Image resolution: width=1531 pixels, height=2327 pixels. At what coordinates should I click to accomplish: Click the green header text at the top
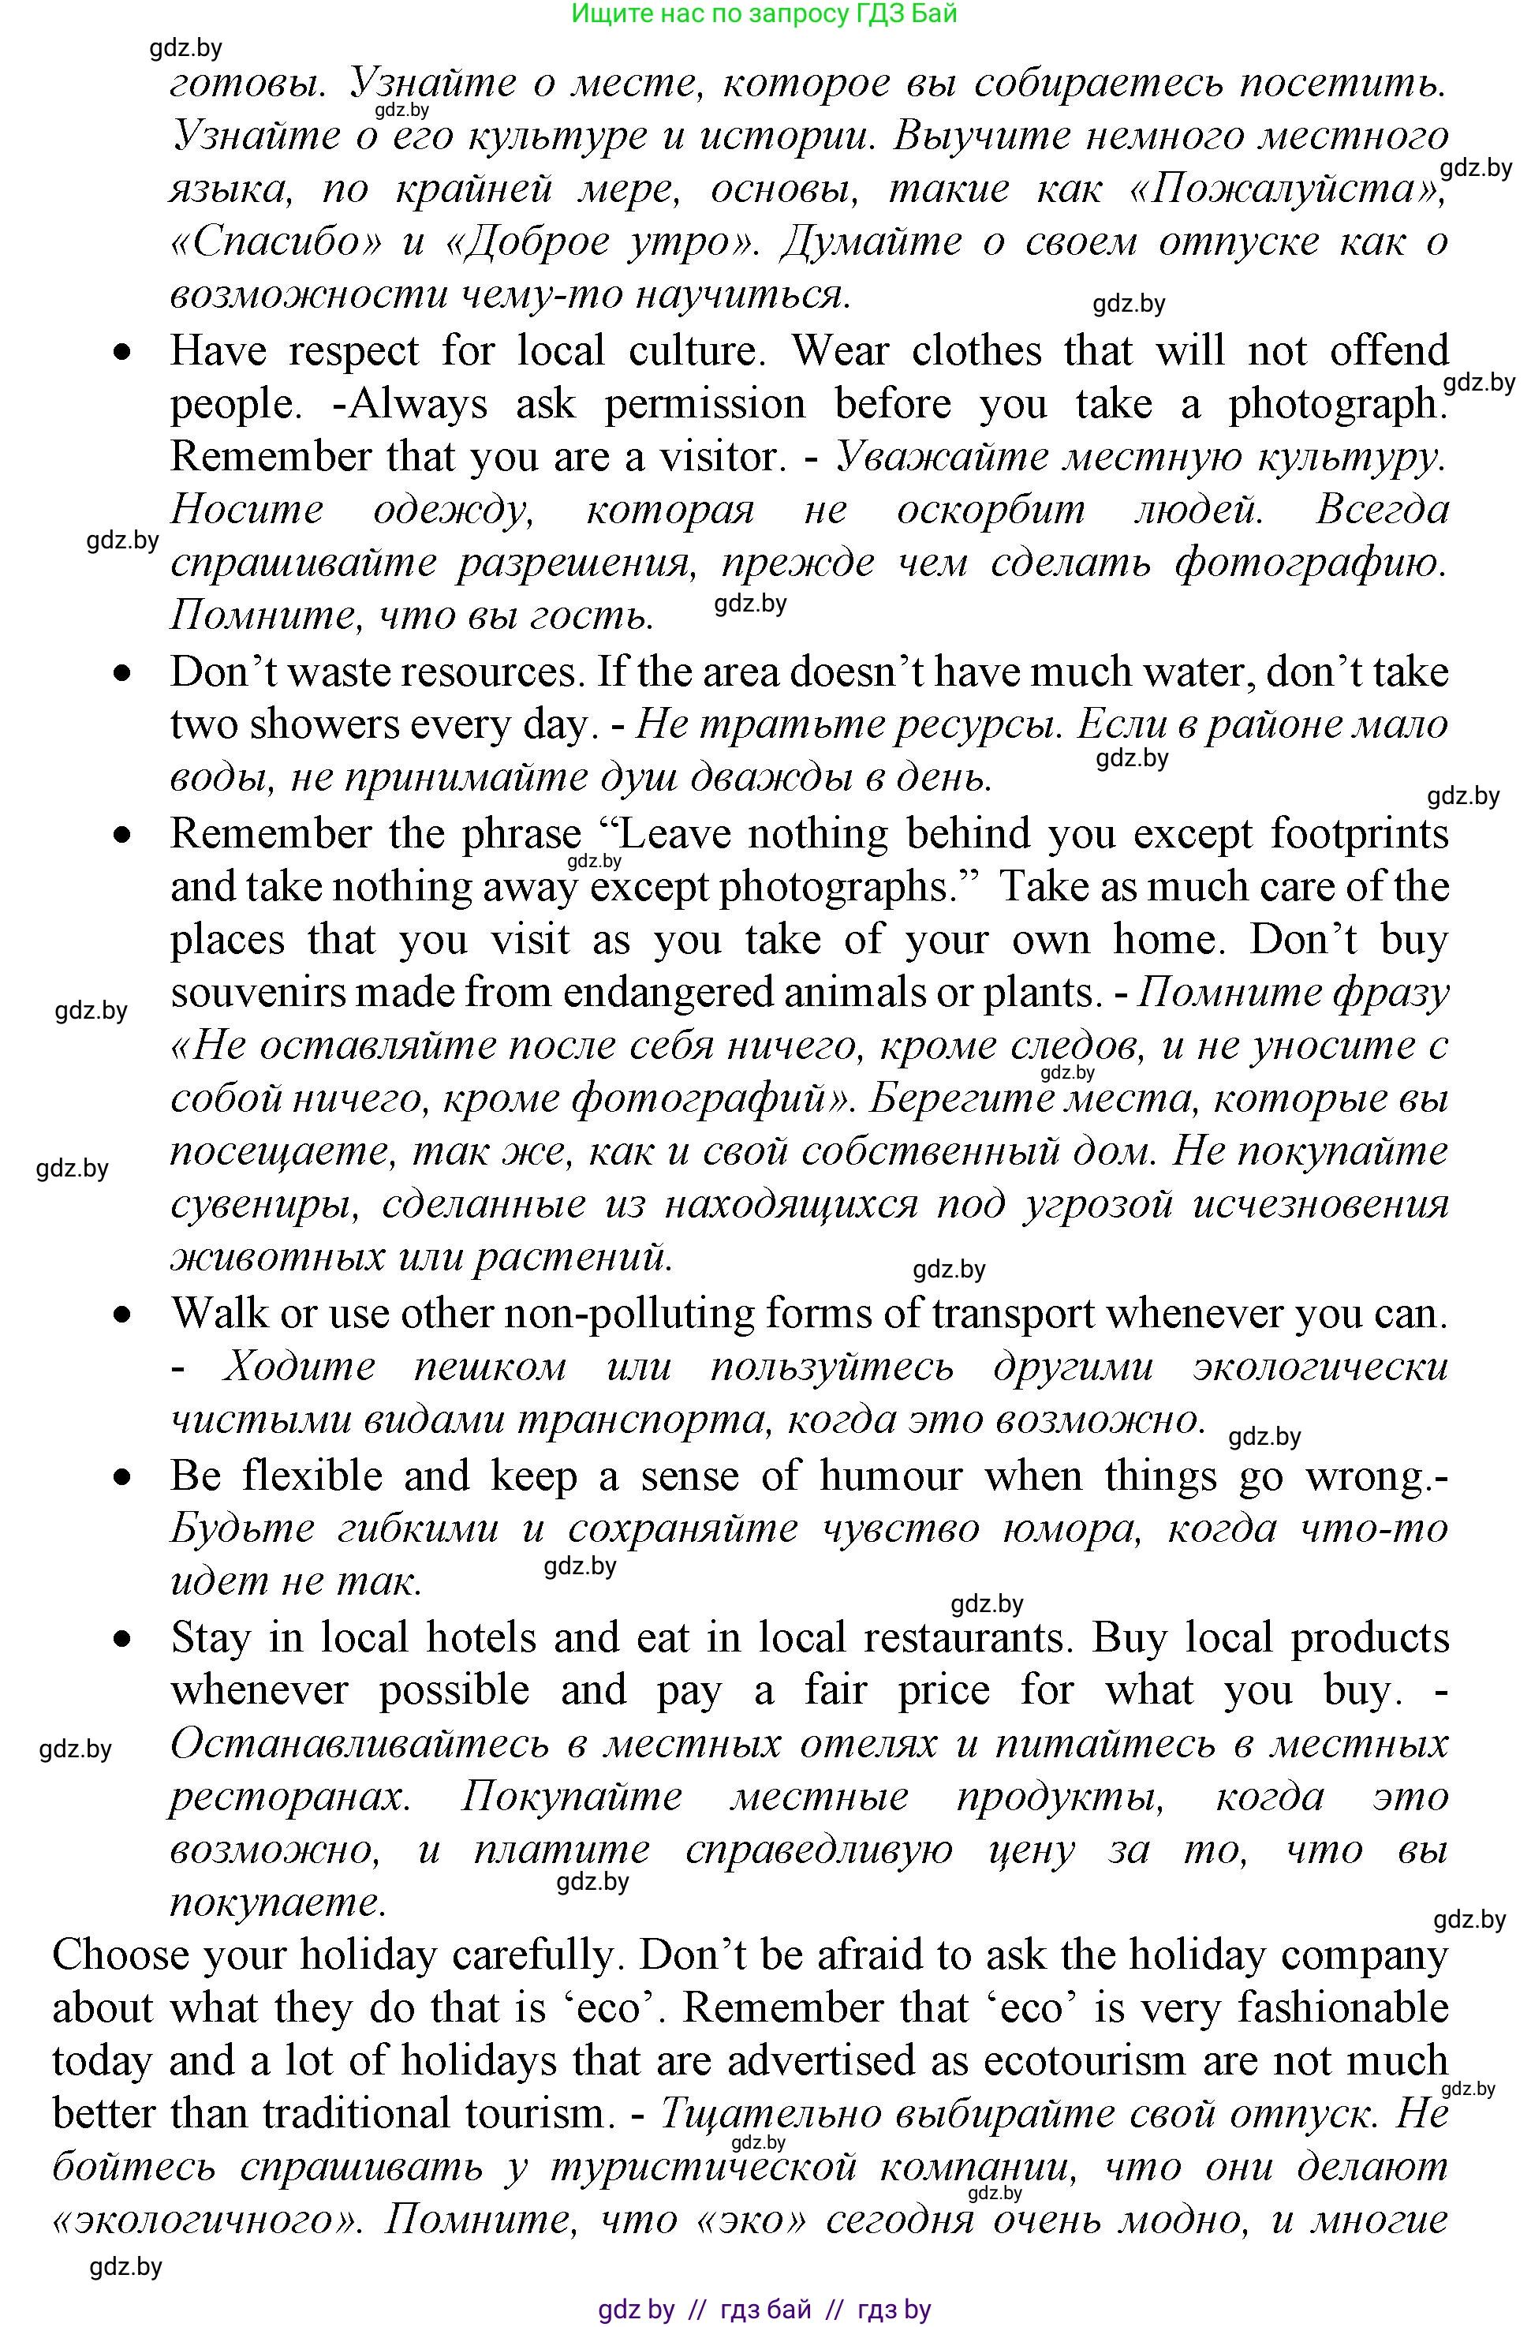(x=764, y=13)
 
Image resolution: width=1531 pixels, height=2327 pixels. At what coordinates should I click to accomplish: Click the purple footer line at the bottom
(x=764, y=2308)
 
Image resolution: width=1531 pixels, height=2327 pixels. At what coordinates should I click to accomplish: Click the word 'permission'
(x=705, y=404)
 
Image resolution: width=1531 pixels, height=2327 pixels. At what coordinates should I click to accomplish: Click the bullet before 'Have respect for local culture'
(x=121, y=352)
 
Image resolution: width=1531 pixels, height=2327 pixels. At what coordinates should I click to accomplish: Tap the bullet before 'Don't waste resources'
(x=121, y=672)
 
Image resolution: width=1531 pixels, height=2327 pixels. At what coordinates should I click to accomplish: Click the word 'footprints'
(x=1359, y=834)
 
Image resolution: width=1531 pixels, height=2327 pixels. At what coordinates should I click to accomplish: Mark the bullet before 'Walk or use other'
(x=121, y=1315)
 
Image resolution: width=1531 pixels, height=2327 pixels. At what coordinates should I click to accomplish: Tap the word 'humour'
(x=891, y=1476)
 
